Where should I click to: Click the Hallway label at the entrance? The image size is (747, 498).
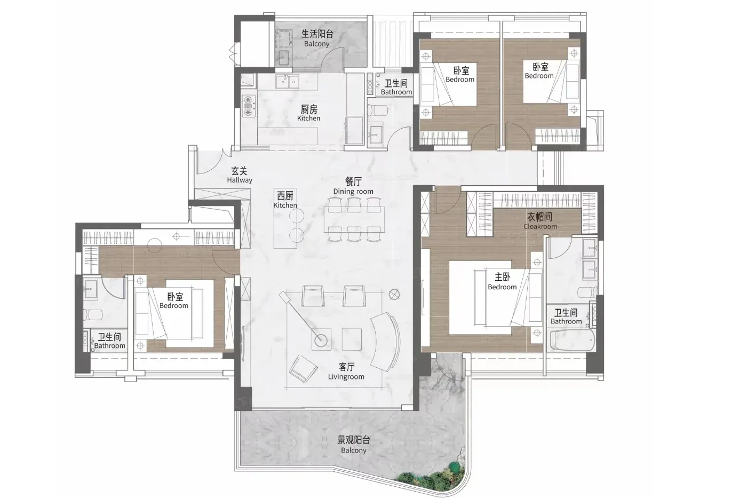[240, 180]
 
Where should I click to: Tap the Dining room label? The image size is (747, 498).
[353, 192]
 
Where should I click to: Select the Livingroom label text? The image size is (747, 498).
[346, 377]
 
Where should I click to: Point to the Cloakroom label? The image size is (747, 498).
[540, 226]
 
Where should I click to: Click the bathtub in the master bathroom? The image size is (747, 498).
[572, 340]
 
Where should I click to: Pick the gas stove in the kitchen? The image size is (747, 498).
[249, 106]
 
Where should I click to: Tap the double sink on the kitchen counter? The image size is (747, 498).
[287, 81]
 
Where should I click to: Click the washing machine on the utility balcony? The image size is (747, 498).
[284, 39]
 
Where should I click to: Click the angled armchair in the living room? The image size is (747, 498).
[303, 369]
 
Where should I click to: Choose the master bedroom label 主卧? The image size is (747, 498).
[502, 277]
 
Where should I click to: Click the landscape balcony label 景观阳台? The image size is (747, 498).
[353, 440]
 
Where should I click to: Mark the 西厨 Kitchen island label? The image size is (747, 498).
[285, 200]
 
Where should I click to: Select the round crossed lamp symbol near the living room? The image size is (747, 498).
[394, 295]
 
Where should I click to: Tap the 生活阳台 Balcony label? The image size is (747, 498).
[317, 38]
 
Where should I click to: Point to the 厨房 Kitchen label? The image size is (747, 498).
[309, 113]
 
